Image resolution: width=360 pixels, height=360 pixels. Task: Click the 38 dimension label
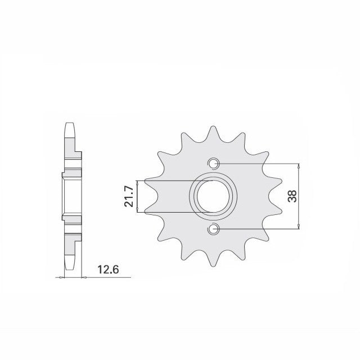coord(292,196)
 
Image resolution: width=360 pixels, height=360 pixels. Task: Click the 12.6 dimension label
coord(108,269)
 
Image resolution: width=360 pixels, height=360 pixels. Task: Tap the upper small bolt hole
coord(214,164)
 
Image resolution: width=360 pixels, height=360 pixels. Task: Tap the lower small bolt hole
coord(214,229)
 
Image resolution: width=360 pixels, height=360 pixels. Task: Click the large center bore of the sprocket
coord(213,196)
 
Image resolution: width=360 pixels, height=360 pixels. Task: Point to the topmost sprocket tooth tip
coord(214,127)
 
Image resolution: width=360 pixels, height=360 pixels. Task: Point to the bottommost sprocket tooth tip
coord(214,266)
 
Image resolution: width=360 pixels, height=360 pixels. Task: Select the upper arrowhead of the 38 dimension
coord(299,166)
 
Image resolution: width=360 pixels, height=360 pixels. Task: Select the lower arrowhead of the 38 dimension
coord(299,226)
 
